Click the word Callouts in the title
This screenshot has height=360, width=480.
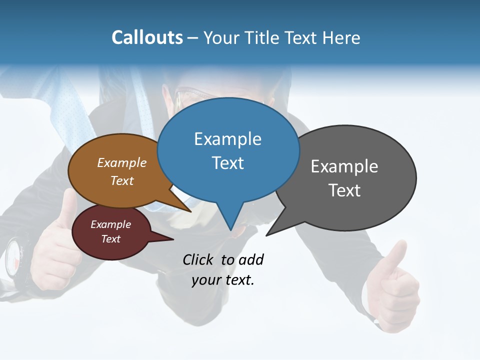147,37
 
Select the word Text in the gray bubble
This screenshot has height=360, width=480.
344,190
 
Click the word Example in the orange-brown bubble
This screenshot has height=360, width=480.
121,162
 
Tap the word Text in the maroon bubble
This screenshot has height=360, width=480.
110,239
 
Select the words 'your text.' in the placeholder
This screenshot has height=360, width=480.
222,280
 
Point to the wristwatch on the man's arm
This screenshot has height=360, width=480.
15,256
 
